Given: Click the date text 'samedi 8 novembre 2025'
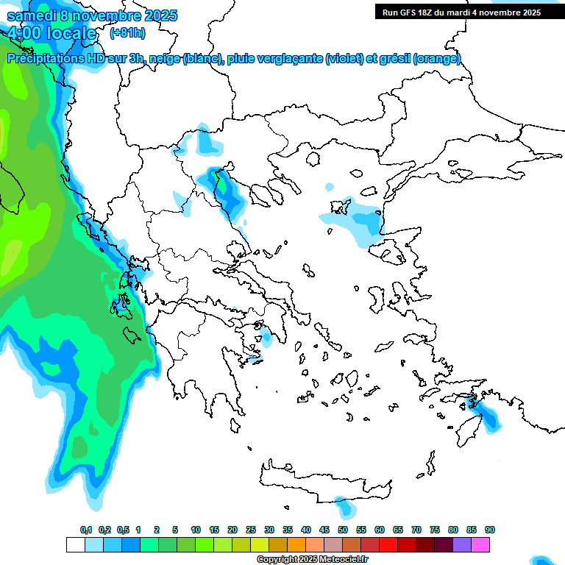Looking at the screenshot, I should click(x=92, y=15).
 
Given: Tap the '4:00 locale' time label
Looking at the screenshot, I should click(x=51, y=33).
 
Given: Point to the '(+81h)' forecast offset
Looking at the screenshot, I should click(x=127, y=33).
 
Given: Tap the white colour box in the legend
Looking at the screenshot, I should click(x=75, y=545).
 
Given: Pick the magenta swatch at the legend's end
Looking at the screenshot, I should click(x=480, y=545).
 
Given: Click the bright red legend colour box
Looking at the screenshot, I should click(x=388, y=545).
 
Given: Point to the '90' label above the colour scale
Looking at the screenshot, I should click(x=490, y=530).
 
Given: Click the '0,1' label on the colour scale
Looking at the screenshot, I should click(x=85, y=530).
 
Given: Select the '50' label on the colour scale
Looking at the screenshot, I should click(x=343, y=530).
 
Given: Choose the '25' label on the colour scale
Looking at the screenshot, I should click(x=251, y=530).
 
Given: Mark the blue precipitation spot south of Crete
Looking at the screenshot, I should click(x=342, y=506).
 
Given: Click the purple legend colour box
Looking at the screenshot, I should click(x=462, y=545).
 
